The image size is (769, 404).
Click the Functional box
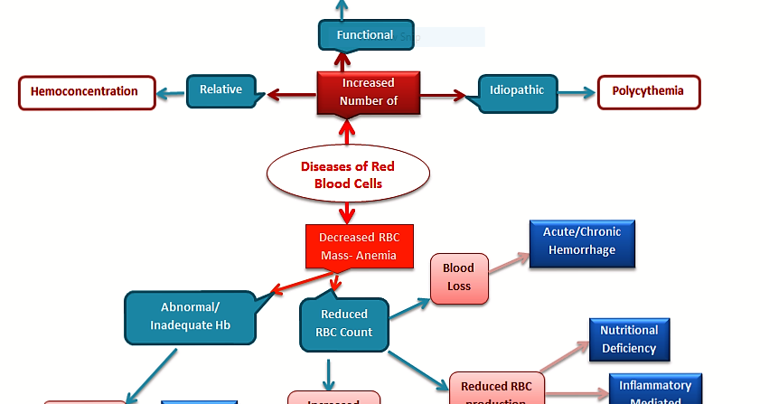click(365, 35)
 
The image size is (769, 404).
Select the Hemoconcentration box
click(87, 92)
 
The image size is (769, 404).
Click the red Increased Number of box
click(368, 92)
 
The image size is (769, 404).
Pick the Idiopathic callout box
click(516, 91)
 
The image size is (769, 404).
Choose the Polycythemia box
click(648, 91)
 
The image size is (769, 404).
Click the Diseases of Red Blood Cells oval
click(347, 175)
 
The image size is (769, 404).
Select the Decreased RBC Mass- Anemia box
click(359, 247)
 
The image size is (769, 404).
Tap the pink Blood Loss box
click(458, 277)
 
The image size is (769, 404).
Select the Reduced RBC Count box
click(343, 324)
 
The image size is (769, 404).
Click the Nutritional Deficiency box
click(629, 339)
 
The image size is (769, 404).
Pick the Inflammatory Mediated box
click(655, 391)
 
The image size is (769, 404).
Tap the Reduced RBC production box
click(496, 390)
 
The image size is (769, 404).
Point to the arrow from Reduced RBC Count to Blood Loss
click(409, 307)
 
